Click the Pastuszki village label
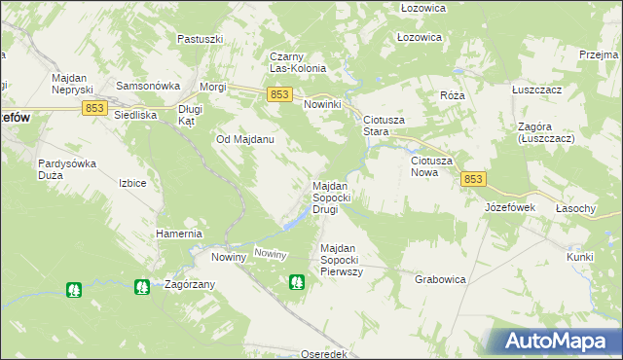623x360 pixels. point(201,39)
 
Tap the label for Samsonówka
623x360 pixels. point(143,86)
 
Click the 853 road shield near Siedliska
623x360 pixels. point(94,109)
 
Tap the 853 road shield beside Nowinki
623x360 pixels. point(279,93)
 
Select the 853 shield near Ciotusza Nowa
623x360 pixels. point(473,179)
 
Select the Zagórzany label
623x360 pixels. point(190,285)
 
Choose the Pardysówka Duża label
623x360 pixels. point(67,169)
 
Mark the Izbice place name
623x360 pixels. point(131,183)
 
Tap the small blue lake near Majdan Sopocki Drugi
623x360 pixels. point(289,224)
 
